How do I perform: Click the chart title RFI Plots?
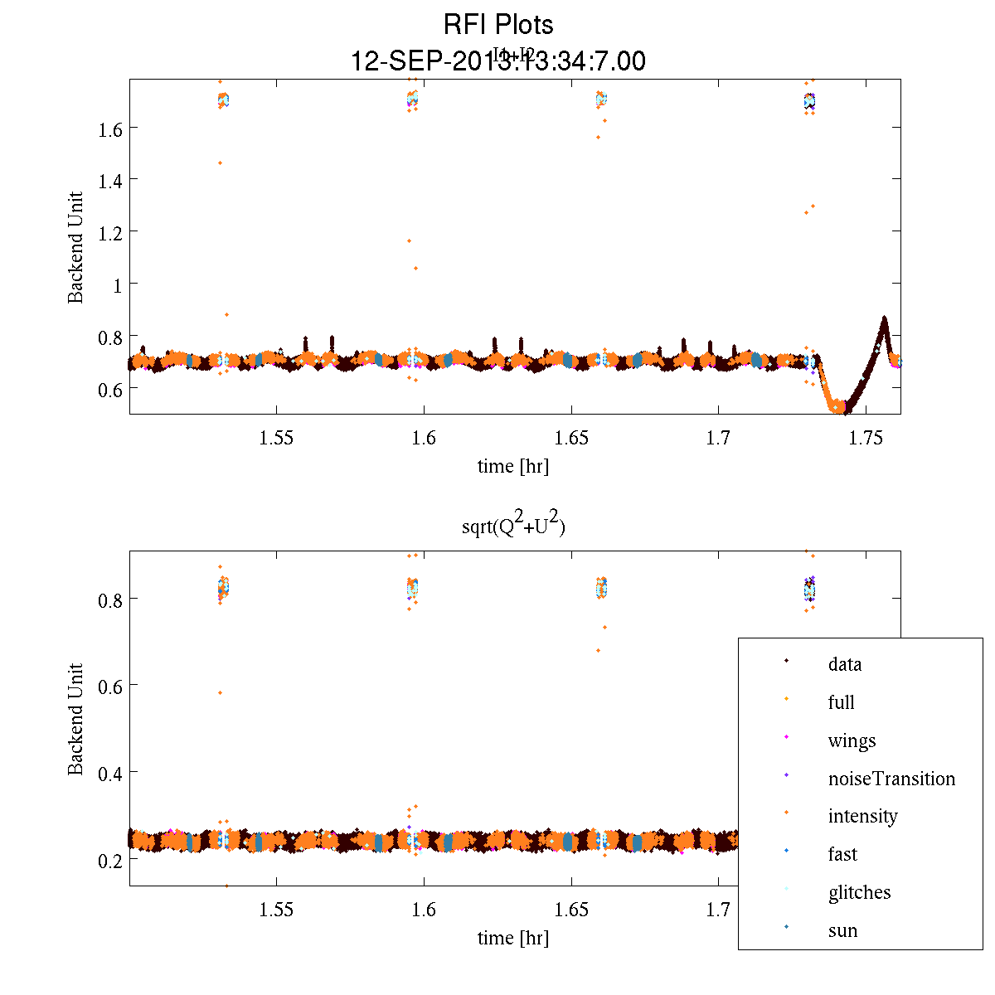tap(498, 25)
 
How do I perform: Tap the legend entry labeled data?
tap(844, 664)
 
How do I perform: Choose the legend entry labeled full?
tap(841, 702)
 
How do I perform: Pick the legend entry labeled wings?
tap(852, 740)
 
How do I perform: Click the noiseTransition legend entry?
tap(891, 779)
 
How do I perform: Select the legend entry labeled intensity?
tap(862, 816)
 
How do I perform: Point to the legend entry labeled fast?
tap(842, 854)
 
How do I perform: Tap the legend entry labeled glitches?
tap(859, 892)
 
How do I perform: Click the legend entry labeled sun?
tap(842, 930)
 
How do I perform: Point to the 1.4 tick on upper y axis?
tap(110, 180)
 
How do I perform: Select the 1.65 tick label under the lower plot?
tap(571, 910)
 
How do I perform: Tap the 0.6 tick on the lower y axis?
tap(110, 686)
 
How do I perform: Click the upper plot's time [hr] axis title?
tap(512, 466)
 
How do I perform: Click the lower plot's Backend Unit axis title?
tap(76, 719)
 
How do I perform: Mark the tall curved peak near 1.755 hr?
tap(884, 319)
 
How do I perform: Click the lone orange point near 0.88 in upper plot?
tap(226, 314)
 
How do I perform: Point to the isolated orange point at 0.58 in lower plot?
tap(220, 692)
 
